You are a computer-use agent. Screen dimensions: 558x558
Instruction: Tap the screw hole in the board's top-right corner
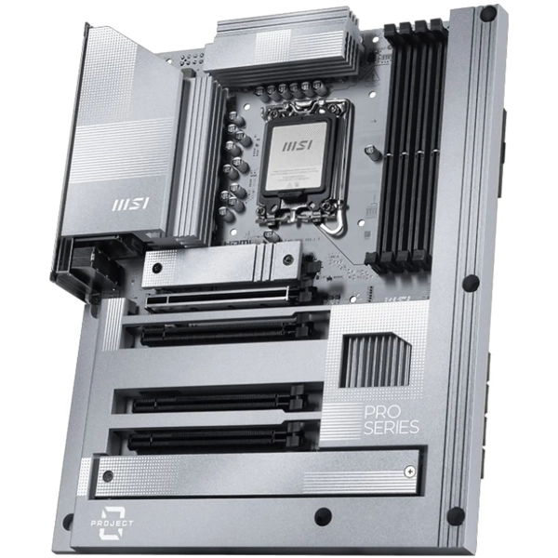tap(487, 15)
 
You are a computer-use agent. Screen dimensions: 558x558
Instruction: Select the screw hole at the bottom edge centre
tap(323, 516)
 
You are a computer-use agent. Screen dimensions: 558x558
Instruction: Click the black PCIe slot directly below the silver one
tap(223, 331)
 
